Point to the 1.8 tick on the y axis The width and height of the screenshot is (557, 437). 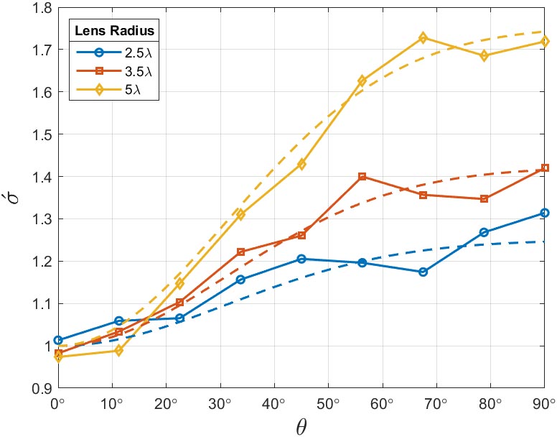(41, 8)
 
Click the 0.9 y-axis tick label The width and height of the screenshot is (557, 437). (41, 388)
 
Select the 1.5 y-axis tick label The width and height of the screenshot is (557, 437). (41, 134)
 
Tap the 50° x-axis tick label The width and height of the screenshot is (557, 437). (328, 404)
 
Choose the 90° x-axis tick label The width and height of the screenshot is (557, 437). (543, 404)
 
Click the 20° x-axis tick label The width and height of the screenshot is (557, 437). (167, 404)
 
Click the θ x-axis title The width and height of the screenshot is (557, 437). (301, 426)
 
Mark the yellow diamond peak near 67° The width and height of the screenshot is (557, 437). (423, 37)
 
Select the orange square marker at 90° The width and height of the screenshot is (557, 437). (544, 168)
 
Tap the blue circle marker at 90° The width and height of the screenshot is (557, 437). (544, 213)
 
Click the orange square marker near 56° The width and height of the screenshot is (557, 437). (362, 176)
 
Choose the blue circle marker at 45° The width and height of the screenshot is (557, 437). (301, 259)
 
